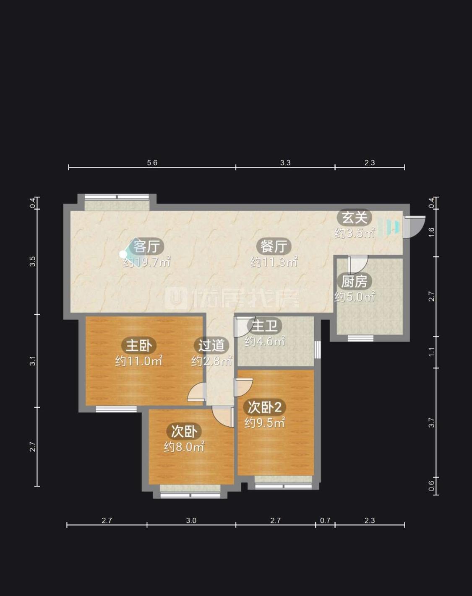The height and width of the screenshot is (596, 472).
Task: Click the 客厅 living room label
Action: point(147,246)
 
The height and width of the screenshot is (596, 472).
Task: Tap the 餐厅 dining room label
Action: point(274,246)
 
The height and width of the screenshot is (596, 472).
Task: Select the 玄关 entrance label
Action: point(355,218)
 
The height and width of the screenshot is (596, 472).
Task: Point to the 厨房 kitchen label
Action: point(354,282)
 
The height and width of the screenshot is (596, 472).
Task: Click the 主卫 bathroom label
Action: point(265,326)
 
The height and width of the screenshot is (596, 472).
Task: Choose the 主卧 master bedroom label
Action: point(138,345)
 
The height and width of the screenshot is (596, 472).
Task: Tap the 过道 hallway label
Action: point(211,345)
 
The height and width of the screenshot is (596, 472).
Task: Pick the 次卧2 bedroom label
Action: point(265,407)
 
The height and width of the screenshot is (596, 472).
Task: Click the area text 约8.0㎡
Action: point(184,447)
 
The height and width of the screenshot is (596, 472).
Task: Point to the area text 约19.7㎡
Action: point(146,262)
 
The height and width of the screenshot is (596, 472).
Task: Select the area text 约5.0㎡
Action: point(355,297)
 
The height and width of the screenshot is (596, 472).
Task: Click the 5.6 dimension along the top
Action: point(152,163)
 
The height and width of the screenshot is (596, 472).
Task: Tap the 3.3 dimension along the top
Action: point(285,163)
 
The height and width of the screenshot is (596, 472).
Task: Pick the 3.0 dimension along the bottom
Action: point(191,521)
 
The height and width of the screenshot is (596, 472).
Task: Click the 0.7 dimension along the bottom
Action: point(325,521)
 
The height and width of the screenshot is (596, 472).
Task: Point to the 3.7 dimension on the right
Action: point(431,422)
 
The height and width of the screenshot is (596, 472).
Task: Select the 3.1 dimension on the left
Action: point(33,361)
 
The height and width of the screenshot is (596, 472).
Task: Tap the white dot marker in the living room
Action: point(123,254)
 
